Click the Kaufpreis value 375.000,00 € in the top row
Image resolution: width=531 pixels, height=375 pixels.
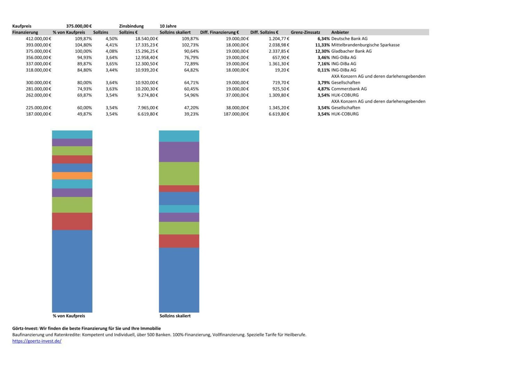pos(79,26)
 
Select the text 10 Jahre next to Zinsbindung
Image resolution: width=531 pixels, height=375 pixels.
pos(168,26)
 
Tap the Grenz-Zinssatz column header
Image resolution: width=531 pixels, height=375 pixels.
pos(305,32)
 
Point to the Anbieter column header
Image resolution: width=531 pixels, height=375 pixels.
pos(340,32)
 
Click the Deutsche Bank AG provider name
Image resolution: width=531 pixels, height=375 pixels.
pos(349,39)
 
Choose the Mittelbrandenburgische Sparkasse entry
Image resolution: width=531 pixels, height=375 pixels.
pos(365,45)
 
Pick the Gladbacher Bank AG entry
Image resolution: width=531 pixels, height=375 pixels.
pos(351,51)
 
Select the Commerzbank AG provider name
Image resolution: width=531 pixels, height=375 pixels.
pos(349,89)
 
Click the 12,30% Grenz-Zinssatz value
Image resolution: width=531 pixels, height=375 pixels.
pos(322,51)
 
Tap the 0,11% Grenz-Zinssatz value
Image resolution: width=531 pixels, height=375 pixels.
pos(324,70)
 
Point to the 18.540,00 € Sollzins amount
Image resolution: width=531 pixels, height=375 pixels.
pos(147,39)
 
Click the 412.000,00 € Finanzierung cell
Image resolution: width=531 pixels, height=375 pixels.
pos(39,39)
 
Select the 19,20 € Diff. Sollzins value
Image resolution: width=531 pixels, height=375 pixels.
pos(282,70)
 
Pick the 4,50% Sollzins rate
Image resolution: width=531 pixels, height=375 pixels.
pos(112,39)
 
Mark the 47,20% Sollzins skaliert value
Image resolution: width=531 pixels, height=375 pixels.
pos(191,108)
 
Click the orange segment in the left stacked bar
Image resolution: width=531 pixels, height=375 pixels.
pos(72,176)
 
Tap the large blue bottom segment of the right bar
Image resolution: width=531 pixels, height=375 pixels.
pos(179,280)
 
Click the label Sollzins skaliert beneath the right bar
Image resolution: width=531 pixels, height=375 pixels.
pos(175,316)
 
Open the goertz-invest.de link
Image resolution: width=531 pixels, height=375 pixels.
pos(37,341)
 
